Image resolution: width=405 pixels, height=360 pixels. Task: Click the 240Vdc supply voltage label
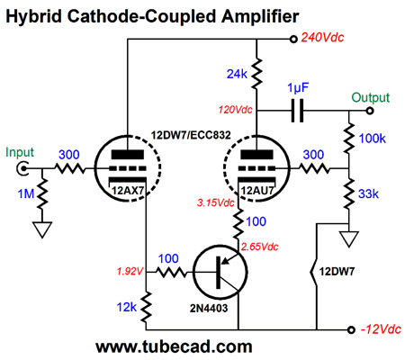322,38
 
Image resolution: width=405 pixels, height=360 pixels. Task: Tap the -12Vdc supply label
381,329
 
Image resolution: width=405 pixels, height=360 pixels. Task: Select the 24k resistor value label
237,74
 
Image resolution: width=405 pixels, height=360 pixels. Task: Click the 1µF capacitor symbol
297,111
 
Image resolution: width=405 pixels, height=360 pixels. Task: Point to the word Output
371,97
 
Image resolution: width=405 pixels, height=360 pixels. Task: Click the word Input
20,153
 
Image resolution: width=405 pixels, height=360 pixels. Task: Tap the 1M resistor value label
26,193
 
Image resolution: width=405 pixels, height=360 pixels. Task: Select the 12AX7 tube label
128,190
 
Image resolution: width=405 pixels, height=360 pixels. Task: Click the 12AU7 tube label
257,190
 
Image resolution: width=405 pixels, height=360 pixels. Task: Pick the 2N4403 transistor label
209,308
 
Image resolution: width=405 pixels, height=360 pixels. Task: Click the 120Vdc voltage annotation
235,110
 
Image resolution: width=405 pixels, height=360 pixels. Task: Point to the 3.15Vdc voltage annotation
215,202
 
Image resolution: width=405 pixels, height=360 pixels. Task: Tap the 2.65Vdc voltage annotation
260,247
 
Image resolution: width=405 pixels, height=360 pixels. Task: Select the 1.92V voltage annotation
130,272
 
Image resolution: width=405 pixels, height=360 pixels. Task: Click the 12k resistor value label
127,307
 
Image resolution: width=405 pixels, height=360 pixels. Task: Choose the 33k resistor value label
368,193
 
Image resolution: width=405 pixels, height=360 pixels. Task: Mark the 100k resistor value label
373,139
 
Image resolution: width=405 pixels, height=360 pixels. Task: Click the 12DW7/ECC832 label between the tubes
191,135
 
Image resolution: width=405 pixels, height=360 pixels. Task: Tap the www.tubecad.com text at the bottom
174,346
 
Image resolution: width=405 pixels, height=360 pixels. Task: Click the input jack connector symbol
22,168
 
